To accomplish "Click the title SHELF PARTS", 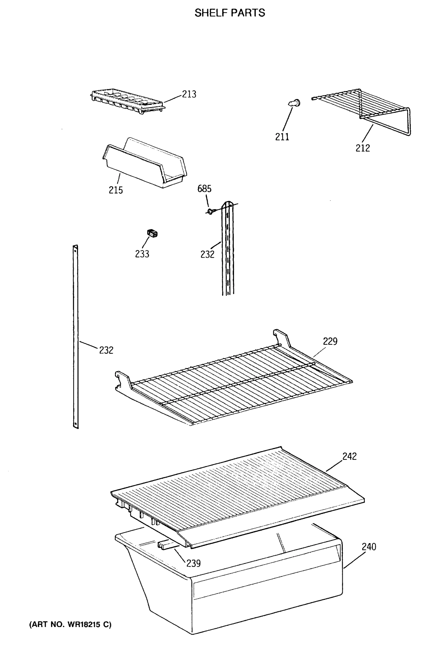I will tap(229, 13).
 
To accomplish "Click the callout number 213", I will tap(189, 94).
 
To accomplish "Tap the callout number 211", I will tap(282, 137).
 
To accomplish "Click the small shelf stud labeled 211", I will tap(295, 103).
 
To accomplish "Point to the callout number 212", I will tap(363, 148).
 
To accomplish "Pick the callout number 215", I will tap(116, 190).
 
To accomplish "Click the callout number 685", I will tap(204, 189).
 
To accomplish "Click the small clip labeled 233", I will tap(152, 233).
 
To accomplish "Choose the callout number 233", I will tap(142, 254).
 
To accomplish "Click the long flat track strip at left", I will tap(75, 334).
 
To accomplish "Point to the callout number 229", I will tap(330, 341).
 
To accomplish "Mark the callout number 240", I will tap(369, 546).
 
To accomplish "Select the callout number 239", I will tap(193, 563).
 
